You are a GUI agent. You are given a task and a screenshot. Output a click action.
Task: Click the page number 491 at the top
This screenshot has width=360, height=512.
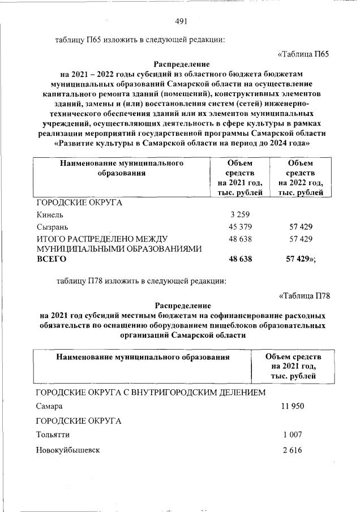point(181,21)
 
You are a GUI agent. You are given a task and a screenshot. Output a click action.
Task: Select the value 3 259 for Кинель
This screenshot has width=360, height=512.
point(241,214)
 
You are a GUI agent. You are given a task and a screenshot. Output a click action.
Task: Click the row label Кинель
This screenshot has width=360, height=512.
point(50,215)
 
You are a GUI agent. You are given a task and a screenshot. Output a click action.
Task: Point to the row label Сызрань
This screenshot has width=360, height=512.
point(52,227)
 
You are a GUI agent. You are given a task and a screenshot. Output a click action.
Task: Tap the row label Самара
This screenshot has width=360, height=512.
point(49,406)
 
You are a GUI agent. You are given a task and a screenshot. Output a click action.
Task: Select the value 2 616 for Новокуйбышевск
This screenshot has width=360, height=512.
point(292,450)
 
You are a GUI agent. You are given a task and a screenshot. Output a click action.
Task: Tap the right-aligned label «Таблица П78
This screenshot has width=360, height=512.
point(305,295)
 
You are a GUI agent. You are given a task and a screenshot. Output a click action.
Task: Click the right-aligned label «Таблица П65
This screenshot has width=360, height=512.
point(303,54)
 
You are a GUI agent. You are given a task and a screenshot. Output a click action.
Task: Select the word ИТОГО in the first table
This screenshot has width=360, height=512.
point(50,239)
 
